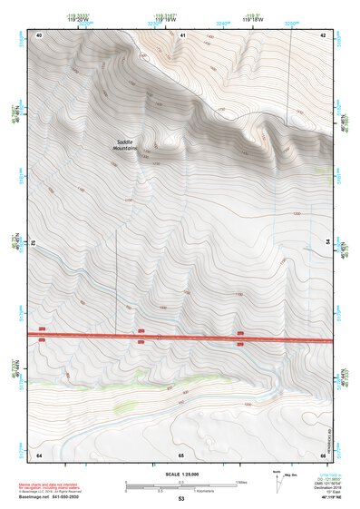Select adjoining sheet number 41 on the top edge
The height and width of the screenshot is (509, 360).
[182, 34]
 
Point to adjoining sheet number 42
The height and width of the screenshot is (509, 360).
[323, 34]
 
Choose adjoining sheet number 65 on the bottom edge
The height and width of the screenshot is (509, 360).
[181, 454]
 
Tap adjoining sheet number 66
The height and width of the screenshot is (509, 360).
[323, 454]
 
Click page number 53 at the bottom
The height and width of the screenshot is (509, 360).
[181, 499]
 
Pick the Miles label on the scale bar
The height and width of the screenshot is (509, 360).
[242, 481]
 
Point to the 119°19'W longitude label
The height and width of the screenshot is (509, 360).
[168, 19]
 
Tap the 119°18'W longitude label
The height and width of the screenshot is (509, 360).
[253, 19]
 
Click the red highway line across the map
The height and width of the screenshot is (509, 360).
[181, 337]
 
